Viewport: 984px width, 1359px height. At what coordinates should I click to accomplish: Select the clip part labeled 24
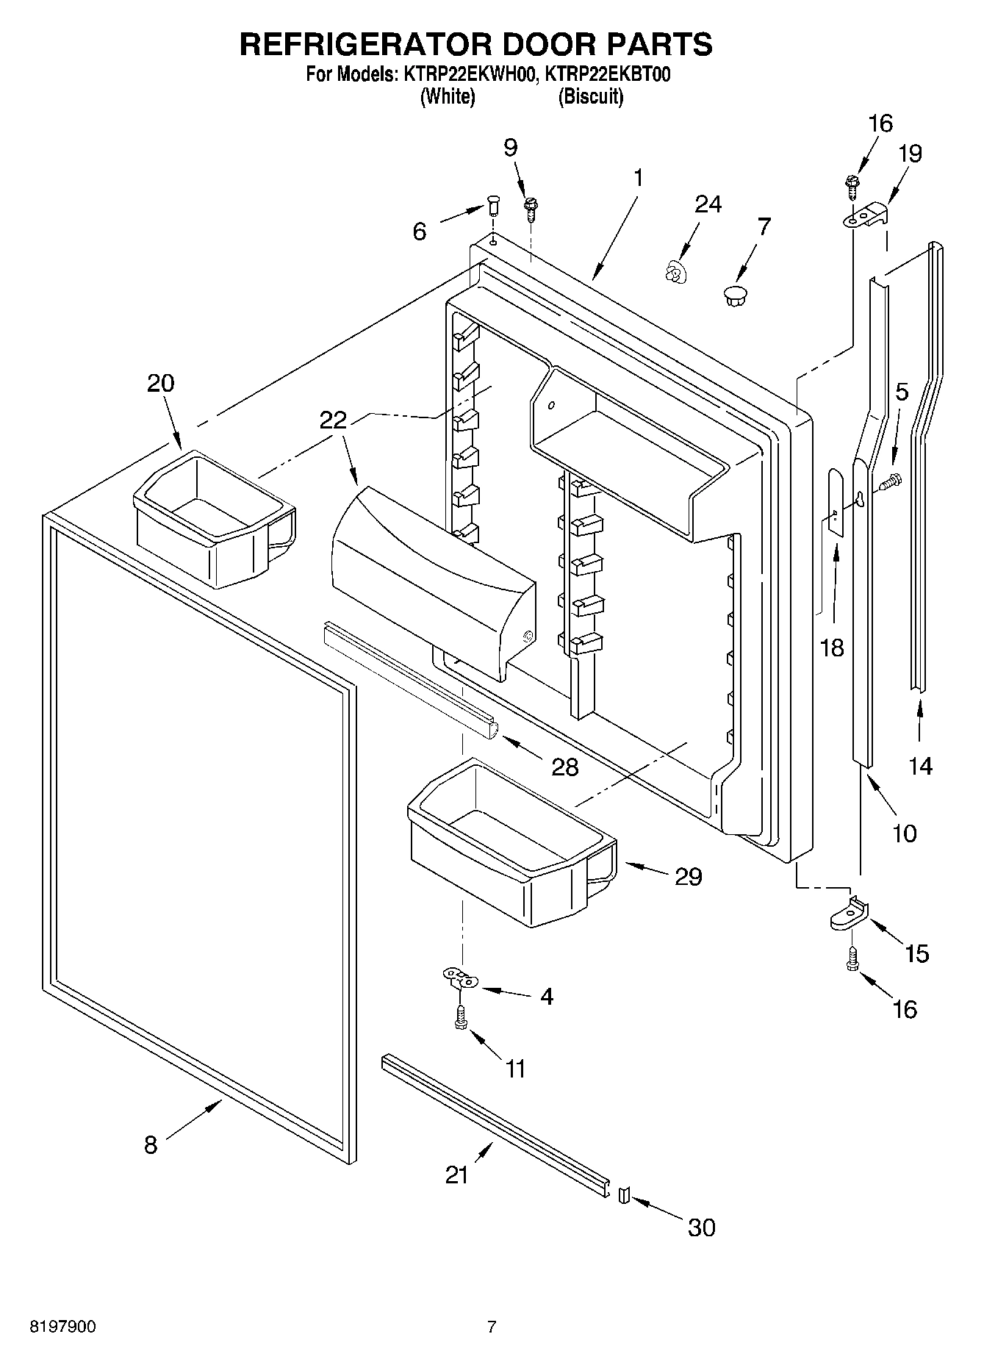672,273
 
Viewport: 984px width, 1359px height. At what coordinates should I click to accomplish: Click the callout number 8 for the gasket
151,1144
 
